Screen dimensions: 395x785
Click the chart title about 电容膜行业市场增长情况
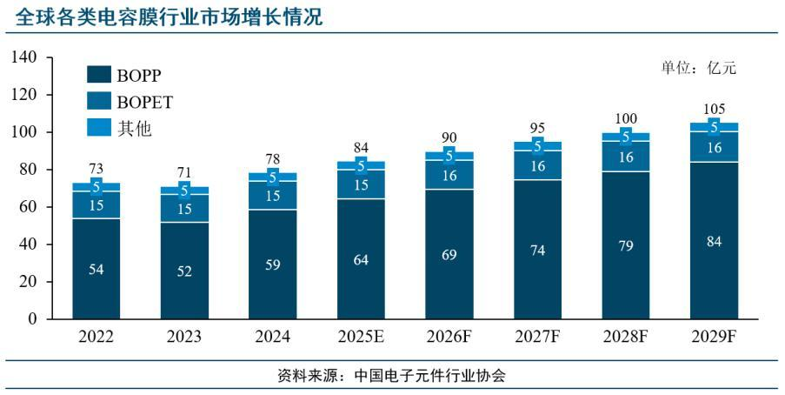coord(164,16)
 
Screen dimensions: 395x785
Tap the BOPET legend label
coord(145,102)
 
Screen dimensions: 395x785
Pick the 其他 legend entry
coord(134,129)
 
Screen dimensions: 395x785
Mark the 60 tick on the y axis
coord(28,207)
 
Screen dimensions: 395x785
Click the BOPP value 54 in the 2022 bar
coord(96,269)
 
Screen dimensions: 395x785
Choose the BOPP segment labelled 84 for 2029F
coord(714,241)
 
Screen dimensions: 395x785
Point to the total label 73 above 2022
coord(96,169)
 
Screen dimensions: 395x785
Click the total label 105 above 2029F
coord(714,109)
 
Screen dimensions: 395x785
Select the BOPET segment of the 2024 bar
coord(272,196)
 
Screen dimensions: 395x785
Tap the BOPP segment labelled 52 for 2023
coord(184,271)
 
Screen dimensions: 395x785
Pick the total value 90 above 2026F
coord(449,137)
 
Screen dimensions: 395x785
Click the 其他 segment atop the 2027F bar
coord(537,146)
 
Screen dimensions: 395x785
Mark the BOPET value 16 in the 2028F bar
coord(626,157)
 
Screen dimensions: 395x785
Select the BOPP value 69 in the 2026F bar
coord(449,255)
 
